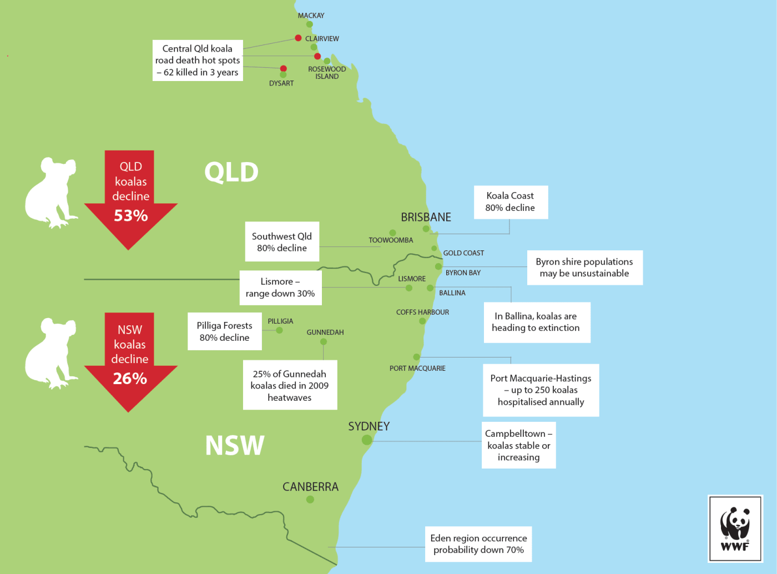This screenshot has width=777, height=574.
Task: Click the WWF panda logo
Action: point(735,528)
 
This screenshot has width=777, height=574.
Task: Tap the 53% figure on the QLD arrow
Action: point(131,215)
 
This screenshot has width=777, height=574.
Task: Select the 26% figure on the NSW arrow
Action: point(130,379)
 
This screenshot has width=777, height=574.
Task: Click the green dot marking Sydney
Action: point(367,440)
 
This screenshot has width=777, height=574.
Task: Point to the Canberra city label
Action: point(310,487)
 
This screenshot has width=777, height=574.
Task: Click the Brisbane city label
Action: point(426,217)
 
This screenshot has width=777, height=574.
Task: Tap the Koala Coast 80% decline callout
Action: point(511,202)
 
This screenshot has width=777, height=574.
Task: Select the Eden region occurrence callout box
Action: point(478,544)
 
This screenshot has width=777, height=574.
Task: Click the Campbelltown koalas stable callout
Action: point(518,445)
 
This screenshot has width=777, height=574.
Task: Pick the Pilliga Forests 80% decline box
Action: point(225,331)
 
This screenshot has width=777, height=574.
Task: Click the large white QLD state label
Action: point(231,172)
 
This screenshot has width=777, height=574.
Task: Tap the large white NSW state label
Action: point(235,445)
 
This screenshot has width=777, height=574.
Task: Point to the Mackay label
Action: point(311,16)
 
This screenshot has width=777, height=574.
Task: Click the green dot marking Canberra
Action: point(310,500)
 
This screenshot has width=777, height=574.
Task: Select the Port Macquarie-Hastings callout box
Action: point(541,390)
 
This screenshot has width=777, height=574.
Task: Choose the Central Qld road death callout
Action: point(198,61)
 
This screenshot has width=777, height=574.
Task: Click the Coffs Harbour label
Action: point(422,313)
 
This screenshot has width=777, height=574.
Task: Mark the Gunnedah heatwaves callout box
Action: point(290,386)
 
